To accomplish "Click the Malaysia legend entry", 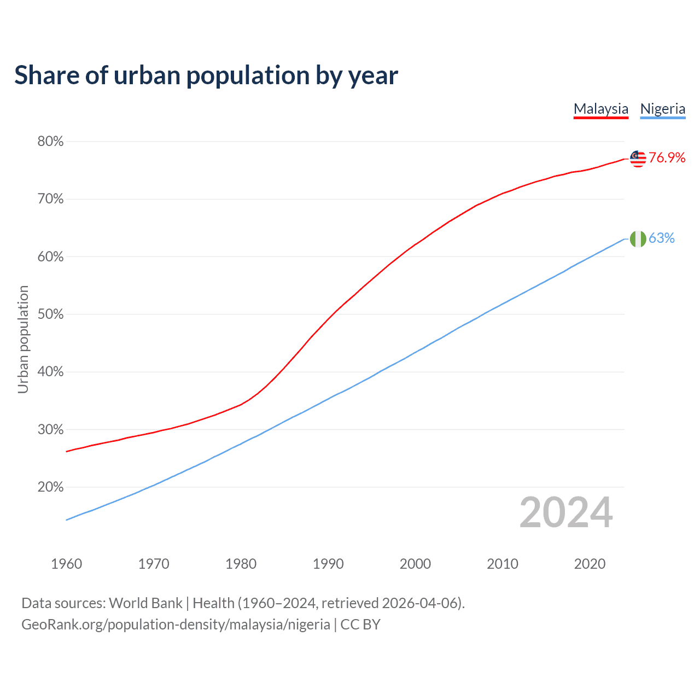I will (600, 109).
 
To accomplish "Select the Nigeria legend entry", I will (662, 109).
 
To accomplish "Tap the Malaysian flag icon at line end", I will (638, 159).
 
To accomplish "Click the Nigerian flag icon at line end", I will (638, 239).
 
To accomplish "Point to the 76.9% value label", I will (667, 158).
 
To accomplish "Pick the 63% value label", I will (661, 238).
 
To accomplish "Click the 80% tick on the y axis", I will (50, 142).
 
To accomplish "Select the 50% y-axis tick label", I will (50, 314).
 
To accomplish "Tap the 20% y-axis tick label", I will (50, 487).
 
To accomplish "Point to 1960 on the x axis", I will (66, 564).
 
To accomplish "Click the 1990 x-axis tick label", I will (328, 564).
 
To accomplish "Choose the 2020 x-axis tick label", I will (590, 564).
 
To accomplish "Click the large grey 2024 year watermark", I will (565, 513).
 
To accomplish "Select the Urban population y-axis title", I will (23, 339).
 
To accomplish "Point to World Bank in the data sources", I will (145, 603).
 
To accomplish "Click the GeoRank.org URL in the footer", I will (176, 625).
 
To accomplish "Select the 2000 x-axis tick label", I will (415, 564).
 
